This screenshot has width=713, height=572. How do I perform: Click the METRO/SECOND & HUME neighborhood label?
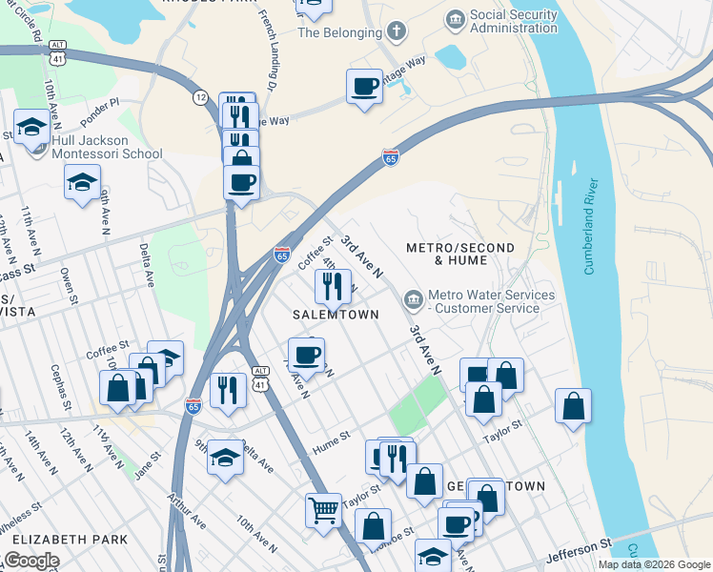(460, 254)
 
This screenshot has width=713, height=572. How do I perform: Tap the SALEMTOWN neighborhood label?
(335, 314)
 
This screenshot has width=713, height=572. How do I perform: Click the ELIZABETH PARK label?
(64, 540)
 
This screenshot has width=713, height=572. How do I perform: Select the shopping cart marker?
(324, 509)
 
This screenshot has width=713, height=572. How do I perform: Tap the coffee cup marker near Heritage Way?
(364, 87)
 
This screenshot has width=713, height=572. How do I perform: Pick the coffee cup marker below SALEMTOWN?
(306, 356)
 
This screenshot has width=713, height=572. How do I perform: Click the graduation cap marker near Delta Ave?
(226, 456)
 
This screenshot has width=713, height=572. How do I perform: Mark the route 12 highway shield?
(200, 97)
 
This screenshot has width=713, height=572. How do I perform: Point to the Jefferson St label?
(579, 550)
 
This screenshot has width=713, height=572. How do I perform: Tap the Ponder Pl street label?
(100, 103)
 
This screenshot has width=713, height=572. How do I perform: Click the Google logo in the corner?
(31, 561)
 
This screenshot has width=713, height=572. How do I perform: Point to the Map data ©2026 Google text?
(653, 564)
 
